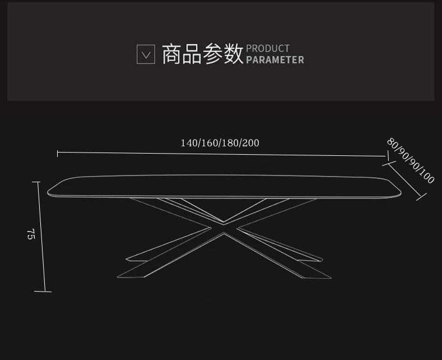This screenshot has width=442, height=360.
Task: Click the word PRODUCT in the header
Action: [268, 49]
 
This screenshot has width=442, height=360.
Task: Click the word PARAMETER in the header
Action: [275, 60]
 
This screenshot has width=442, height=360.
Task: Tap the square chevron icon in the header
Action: [146, 54]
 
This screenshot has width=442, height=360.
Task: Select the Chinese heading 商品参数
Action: [203, 54]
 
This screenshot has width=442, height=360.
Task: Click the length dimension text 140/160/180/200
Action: [220, 143]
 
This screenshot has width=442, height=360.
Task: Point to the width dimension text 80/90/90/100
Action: [411, 161]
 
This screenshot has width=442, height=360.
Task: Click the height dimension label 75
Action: [31, 234]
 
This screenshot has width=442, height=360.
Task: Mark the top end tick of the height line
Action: [36, 182]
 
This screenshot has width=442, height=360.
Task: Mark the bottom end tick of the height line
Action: [43, 291]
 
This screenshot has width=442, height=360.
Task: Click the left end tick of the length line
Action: [58, 153]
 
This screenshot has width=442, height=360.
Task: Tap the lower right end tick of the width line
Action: [421, 197]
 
